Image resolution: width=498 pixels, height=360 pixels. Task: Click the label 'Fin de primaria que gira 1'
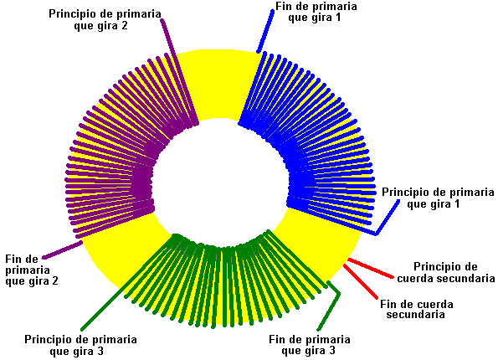316,12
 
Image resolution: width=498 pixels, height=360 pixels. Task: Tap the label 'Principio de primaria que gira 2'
105,20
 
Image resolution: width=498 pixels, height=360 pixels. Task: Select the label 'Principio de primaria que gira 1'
438,198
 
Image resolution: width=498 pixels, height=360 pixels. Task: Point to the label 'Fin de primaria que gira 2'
32,270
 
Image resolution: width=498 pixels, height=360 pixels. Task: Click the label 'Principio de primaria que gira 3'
80,345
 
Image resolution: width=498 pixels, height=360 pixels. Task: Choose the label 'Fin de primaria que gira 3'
310,345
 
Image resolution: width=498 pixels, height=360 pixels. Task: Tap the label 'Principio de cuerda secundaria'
445,272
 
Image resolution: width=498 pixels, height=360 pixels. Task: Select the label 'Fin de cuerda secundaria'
416,309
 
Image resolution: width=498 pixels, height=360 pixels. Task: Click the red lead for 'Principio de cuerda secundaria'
370,268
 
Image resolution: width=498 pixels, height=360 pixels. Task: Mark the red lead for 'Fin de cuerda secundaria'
361,281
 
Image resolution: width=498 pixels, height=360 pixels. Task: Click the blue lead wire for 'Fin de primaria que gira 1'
265,31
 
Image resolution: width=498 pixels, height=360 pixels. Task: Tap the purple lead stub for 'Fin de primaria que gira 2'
62,249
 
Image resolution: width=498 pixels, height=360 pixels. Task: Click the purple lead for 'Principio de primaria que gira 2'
179,71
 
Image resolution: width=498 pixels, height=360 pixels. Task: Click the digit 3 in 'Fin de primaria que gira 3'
331,351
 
